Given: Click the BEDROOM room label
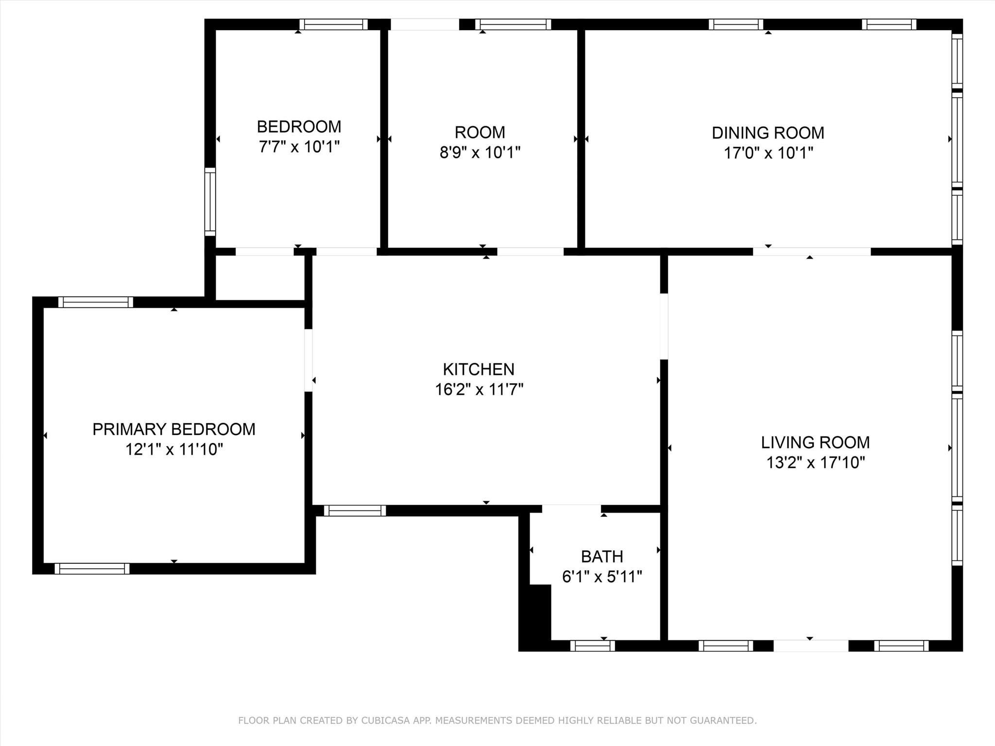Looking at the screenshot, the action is coord(299,127).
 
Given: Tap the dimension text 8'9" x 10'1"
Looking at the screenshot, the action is coord(480,153).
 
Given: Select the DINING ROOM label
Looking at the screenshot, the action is coord(768,133).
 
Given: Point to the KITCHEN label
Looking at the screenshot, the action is coord(479,369).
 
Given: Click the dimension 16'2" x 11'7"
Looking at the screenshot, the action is coord(479,390).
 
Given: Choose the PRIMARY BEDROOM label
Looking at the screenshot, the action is coord(174,429).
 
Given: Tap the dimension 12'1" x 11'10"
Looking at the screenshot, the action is coord(174,450).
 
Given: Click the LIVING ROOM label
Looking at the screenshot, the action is coord(815,442).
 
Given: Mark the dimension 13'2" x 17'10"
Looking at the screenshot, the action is coord(816,462).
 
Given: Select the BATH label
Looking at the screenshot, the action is coord(602,556).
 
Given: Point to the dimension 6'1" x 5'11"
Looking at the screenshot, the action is coord(602,576).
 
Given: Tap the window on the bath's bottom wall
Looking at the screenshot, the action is coord(592,645).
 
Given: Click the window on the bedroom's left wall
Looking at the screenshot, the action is coord(210,202).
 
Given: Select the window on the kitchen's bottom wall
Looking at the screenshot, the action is coord(355,510).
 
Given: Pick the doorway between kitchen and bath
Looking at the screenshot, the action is coord(571,509).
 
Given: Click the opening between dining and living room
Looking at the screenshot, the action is coord(812,252).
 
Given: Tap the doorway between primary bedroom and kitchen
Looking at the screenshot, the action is coord(309,360).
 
